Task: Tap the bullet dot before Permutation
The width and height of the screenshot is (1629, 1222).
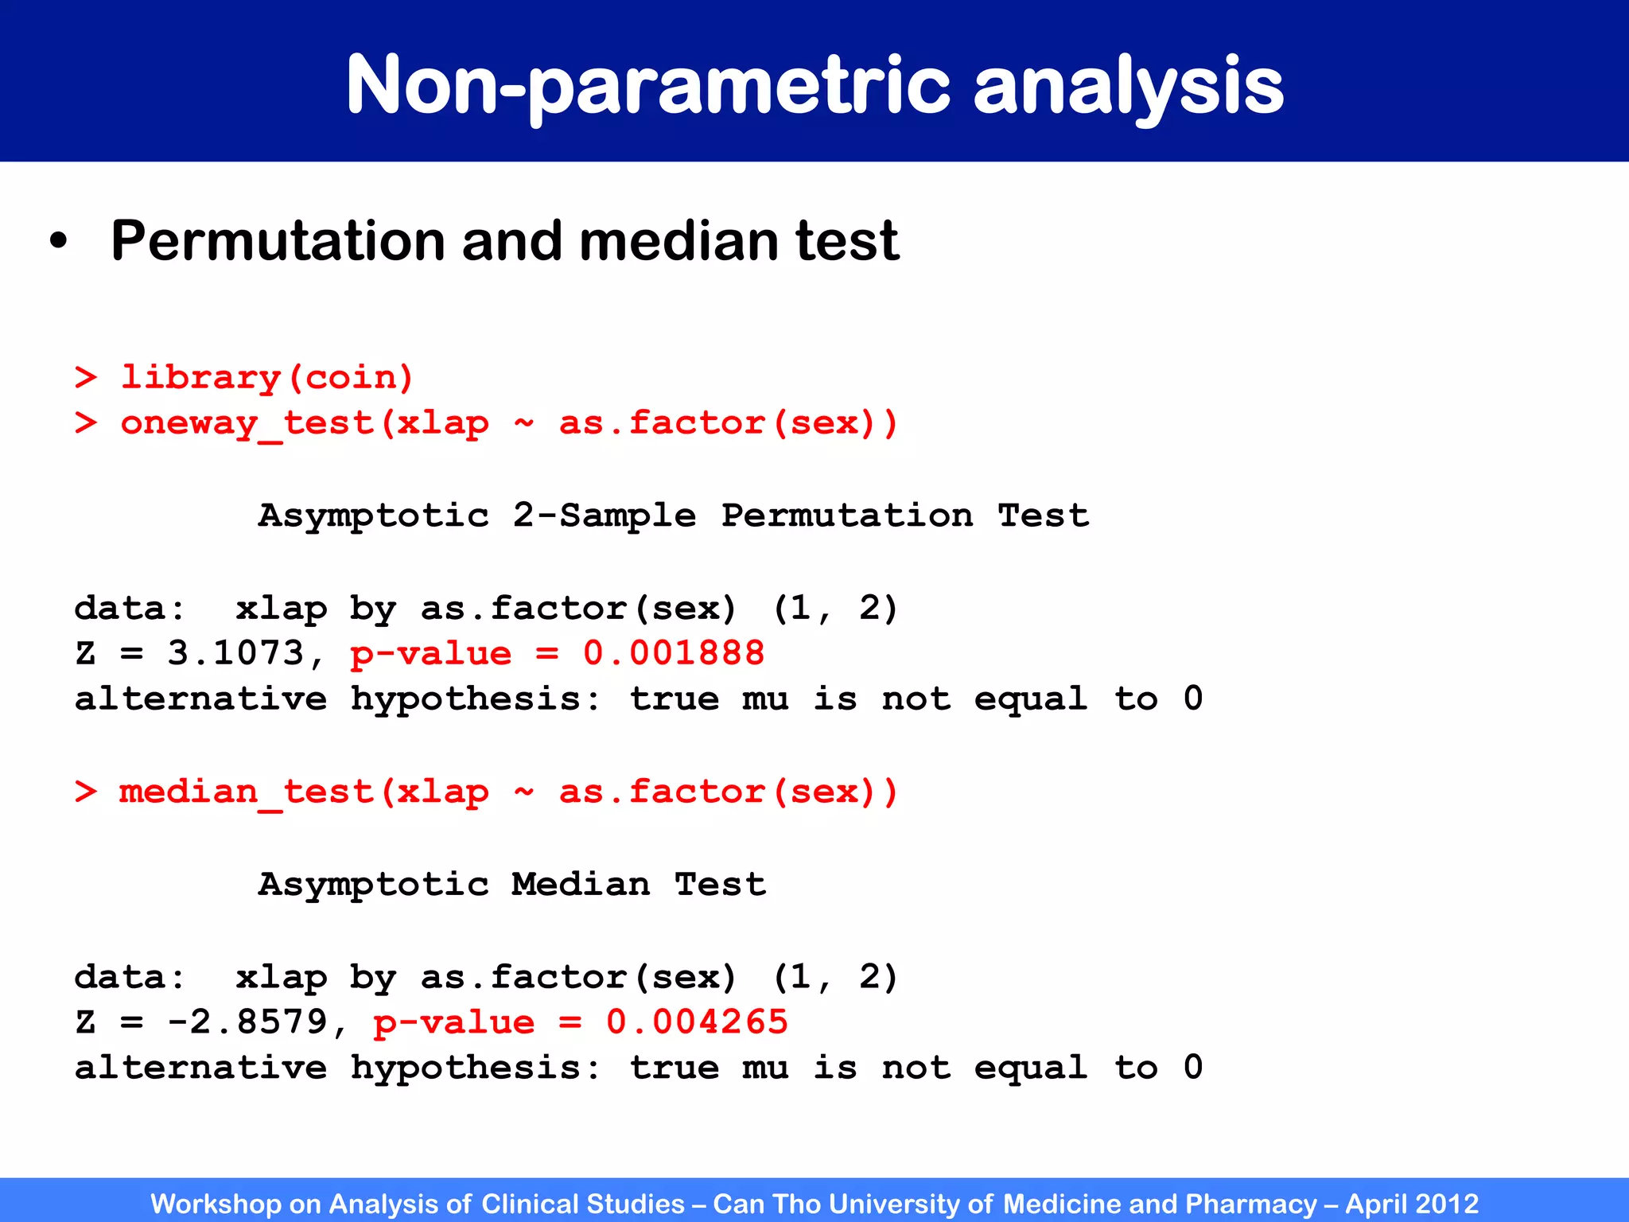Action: coord(58,242)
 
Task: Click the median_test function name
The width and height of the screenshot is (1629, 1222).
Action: coord(247,792)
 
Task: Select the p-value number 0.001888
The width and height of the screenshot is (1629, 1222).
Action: coord(673,654)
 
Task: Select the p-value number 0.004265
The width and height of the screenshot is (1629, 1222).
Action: coord(696,1022)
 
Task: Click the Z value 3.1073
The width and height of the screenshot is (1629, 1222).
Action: coord(235,654)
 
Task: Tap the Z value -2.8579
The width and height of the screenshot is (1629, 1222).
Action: coord(247,1022)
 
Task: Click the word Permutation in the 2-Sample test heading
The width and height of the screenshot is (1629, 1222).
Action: coord(847,516)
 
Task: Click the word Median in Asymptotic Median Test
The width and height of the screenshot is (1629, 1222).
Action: coord(581,885)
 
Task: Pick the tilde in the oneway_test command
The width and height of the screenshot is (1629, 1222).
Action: coord(523,422)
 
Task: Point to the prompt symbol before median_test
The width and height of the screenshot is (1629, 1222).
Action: coord(86,792)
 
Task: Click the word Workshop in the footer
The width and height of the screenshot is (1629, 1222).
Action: coord(216,1204)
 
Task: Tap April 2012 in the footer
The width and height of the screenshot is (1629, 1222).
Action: coord(1412,1204)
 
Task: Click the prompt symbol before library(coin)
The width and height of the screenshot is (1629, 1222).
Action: coord(86,377)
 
